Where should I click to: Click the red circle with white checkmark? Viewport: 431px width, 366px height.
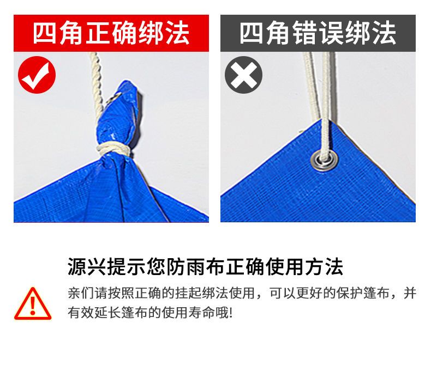[x=37, y=75]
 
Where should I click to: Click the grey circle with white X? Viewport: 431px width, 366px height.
[x=243, y=75]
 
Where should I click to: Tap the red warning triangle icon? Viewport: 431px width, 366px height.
[x=33, y=303]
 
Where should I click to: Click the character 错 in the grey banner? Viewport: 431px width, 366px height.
[x=304, y=33]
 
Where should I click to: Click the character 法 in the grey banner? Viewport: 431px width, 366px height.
[x=384, y=33]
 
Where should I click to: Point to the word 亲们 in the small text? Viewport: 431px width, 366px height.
[x=81, y=294]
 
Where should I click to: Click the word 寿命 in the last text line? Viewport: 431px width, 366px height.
[x=202, y=313]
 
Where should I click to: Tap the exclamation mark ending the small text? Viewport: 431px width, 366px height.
[x=230, y=313]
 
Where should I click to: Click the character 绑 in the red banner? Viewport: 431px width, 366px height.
[x=151, y=33]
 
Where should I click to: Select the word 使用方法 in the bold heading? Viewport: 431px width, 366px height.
[x=304, y=266]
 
